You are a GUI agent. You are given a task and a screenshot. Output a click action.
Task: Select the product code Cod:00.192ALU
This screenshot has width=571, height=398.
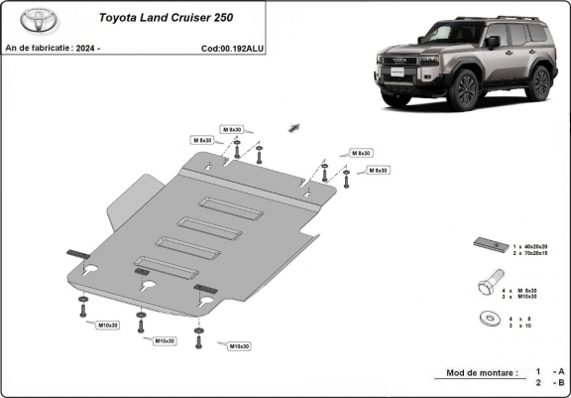tap(234, 48)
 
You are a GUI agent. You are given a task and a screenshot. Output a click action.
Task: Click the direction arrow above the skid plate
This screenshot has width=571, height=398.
tap(294, 126)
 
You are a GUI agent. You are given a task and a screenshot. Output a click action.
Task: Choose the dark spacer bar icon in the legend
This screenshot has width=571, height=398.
tap(488, 246)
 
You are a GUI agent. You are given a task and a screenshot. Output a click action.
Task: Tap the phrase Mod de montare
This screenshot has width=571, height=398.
tap(475, 372)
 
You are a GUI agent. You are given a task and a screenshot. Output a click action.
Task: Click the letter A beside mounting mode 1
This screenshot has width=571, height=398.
tap(563, 370)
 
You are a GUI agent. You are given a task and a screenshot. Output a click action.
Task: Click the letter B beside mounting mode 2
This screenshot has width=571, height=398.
tap(563, 382)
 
